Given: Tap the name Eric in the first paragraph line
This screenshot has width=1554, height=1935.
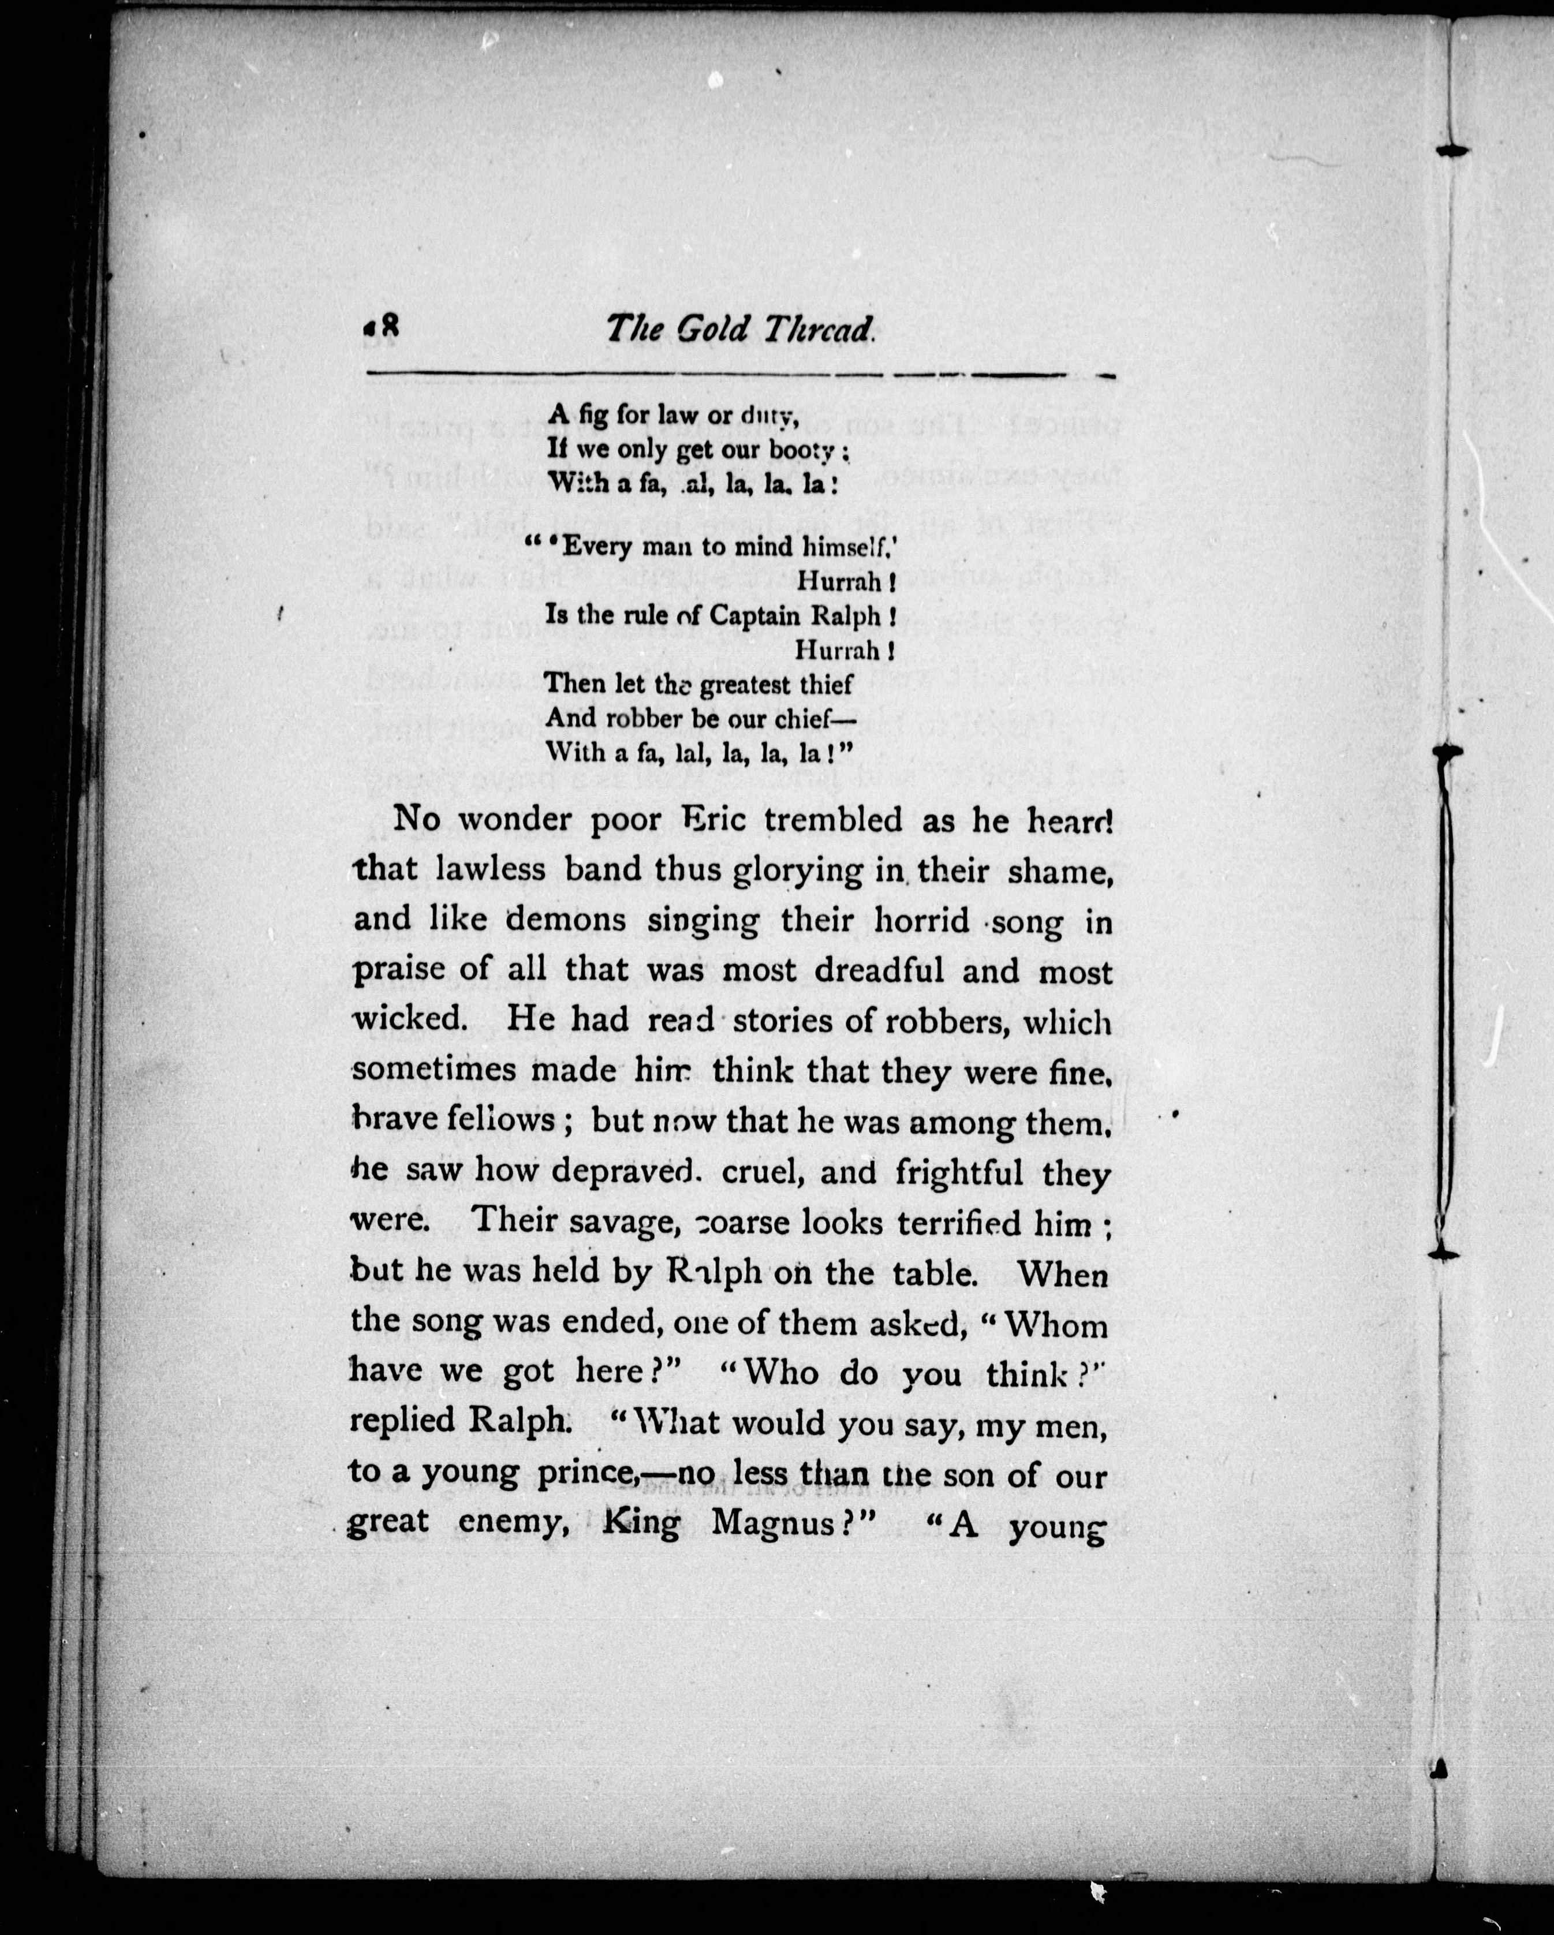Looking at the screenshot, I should pyautogui.click(x=713, y=819).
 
